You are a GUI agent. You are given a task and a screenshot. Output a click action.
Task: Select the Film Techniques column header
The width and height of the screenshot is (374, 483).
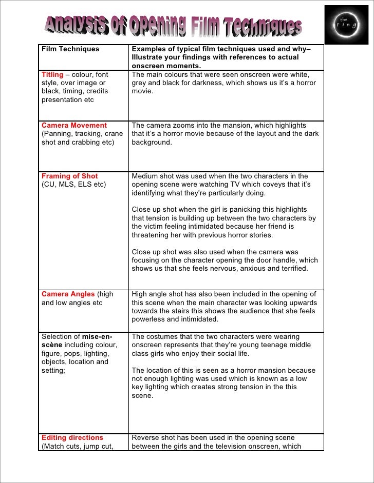tap(70, 49)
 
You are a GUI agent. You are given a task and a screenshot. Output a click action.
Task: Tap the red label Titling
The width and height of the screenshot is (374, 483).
tap(52, 75)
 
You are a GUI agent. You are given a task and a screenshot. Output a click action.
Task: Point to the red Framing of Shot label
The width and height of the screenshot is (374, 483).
tap(69, 176)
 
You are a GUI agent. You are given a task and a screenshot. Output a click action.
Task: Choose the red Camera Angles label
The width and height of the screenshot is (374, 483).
tap(68, 294)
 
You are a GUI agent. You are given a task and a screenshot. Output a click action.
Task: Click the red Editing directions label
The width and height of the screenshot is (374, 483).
tap(72, 438)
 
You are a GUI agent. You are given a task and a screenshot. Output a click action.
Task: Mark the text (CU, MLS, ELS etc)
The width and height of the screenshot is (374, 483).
tap(73, 185)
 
